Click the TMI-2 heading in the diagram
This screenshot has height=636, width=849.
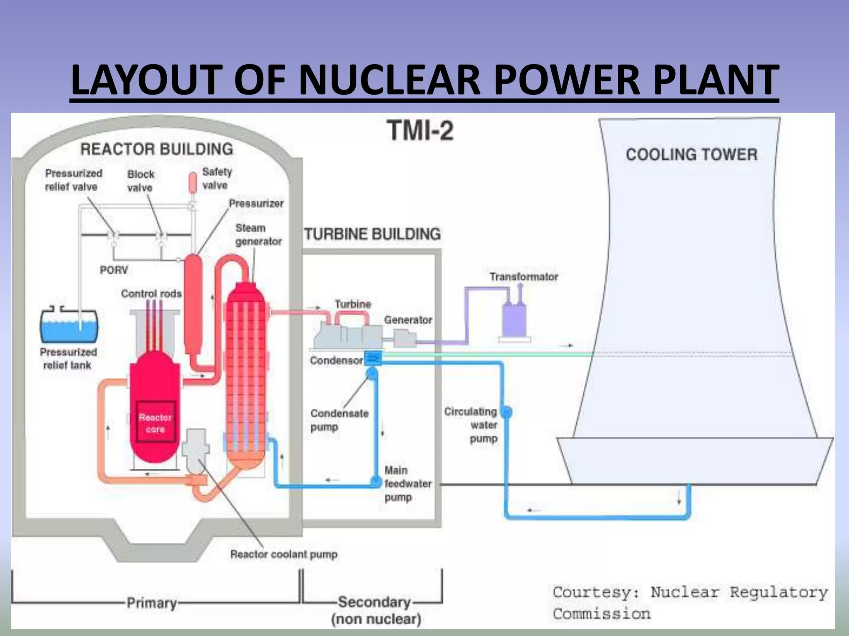pyautogui.click(x=420, y=130)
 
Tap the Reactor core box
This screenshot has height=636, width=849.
pyautogui.click(x=155, y=422)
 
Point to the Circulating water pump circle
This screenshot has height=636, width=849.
pyautogui.click(x=506, y=412)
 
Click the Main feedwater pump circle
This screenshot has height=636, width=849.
pyautogui.click(x=376, y=482)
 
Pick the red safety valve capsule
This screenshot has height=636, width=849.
pyautogui.click(x=193, y=182)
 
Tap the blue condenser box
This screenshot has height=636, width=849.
pyautogui.click(x=373, y=357)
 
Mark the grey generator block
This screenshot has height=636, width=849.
pyautogui.click(x=404, y=338)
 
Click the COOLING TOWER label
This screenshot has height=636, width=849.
pyautogui.click(x=691, y=154)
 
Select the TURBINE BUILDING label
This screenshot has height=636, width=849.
pyautogui.click(x=372, y=234)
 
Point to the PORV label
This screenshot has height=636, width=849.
pyautogui.click(x=114, y=270)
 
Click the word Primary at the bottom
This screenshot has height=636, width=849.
pyautogui.click(x=152, y=602)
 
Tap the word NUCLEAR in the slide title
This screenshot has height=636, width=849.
pyautogui.click(x=389, y=79)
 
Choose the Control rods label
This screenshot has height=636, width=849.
pyautogui.click(x=151, y=294)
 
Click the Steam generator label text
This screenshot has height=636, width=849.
pyautogui.click(x=258, y=234)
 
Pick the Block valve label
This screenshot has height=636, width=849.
pyautogui.click(x=141, y=181)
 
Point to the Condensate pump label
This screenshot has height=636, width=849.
pyautogui.click(x=339, y=420)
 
